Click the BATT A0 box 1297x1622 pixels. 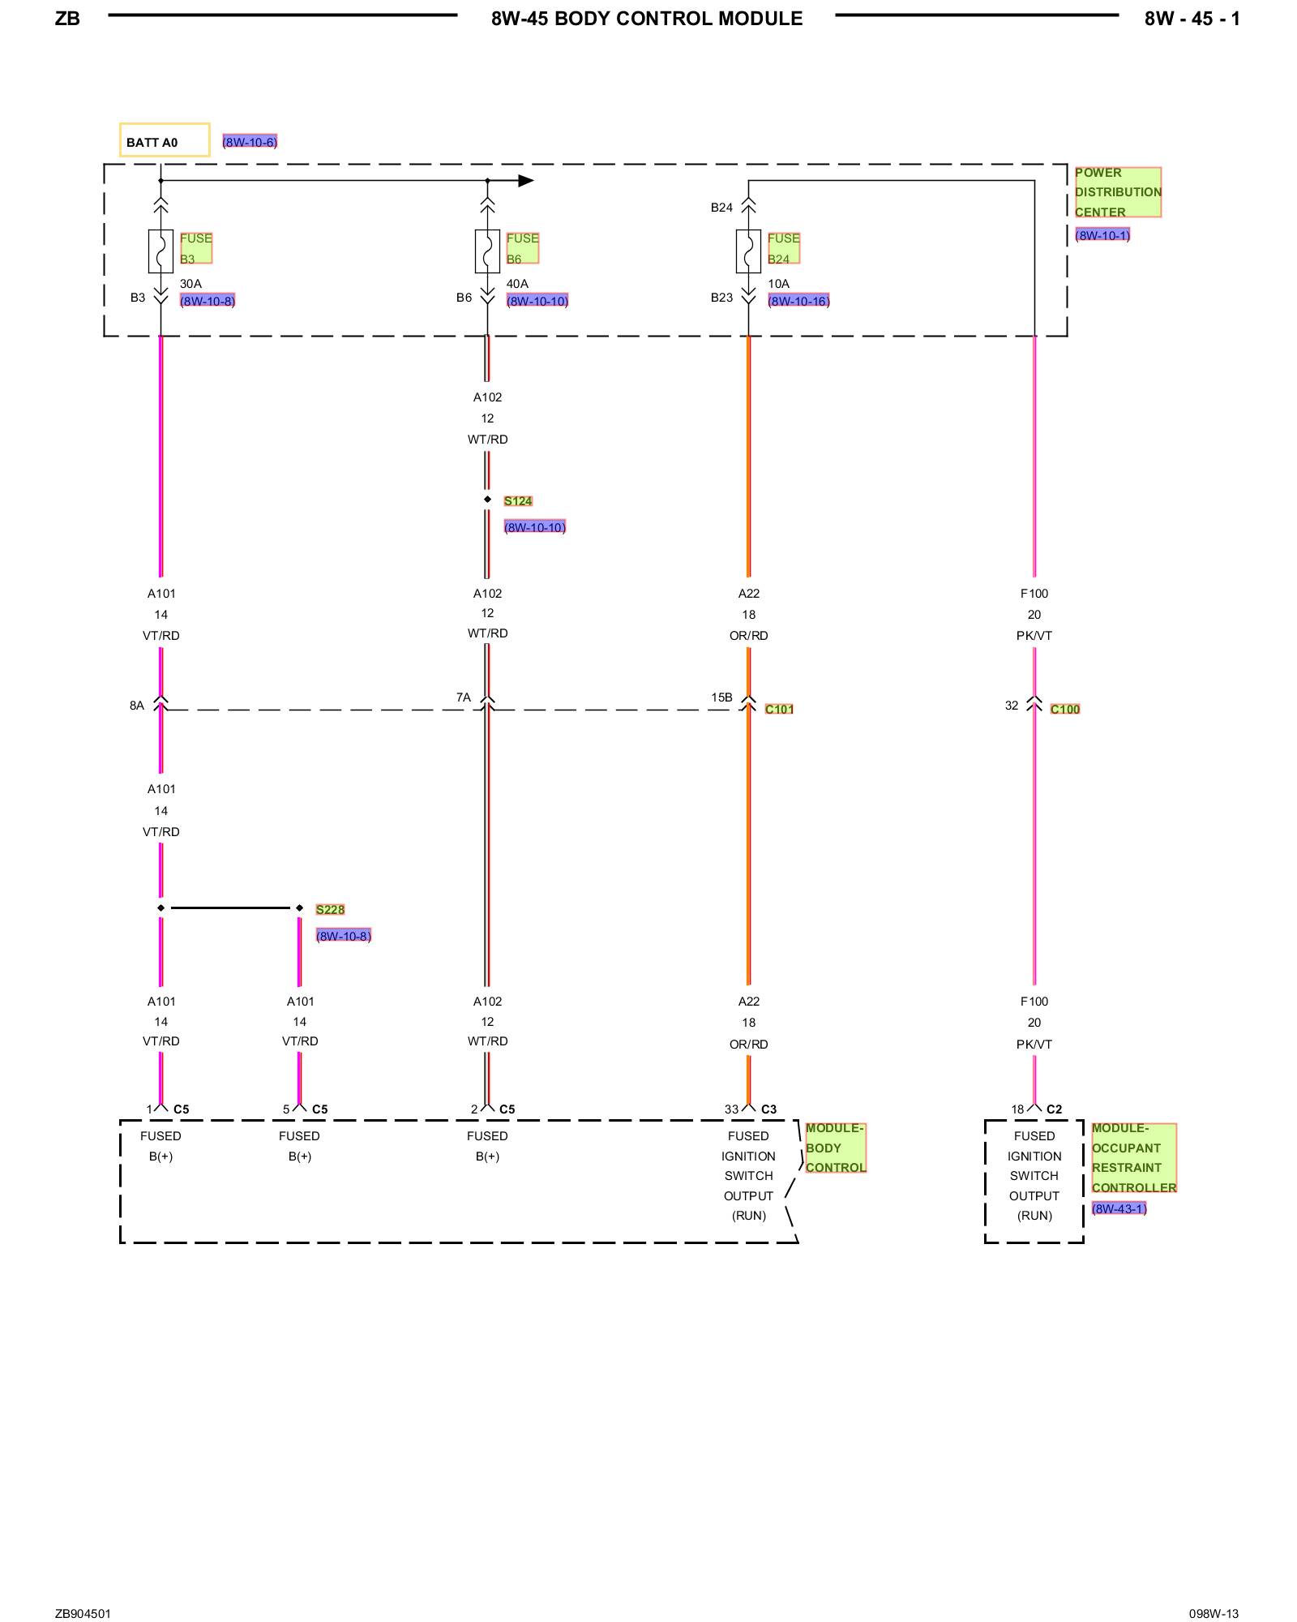pos(165,140)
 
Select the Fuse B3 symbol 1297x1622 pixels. pos(161,251)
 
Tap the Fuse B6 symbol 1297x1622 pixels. pos(487,251)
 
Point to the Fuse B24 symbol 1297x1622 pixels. pos(748,251)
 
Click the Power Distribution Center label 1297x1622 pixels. pos(1117,192)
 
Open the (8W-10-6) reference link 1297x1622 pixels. pos(250,142)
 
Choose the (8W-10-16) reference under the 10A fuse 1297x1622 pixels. pos(798,301)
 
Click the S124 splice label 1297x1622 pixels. pos(518,501)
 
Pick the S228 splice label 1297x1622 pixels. pos(330,909)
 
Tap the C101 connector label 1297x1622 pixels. pos(779,709)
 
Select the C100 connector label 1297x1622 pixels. pos(1065,709)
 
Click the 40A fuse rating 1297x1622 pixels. pos(517,284)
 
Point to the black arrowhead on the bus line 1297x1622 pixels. pos(526,180)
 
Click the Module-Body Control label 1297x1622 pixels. pos(835,1148)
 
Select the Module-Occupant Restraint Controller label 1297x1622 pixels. pos(1133,1157)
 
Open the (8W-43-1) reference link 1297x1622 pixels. pos(1119,1208)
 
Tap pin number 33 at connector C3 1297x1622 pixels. pos(731,1109)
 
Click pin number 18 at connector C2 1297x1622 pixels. pos(1017,1109)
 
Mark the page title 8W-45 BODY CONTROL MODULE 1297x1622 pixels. pos(647,19)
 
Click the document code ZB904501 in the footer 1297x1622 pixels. pos(83,1613)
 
